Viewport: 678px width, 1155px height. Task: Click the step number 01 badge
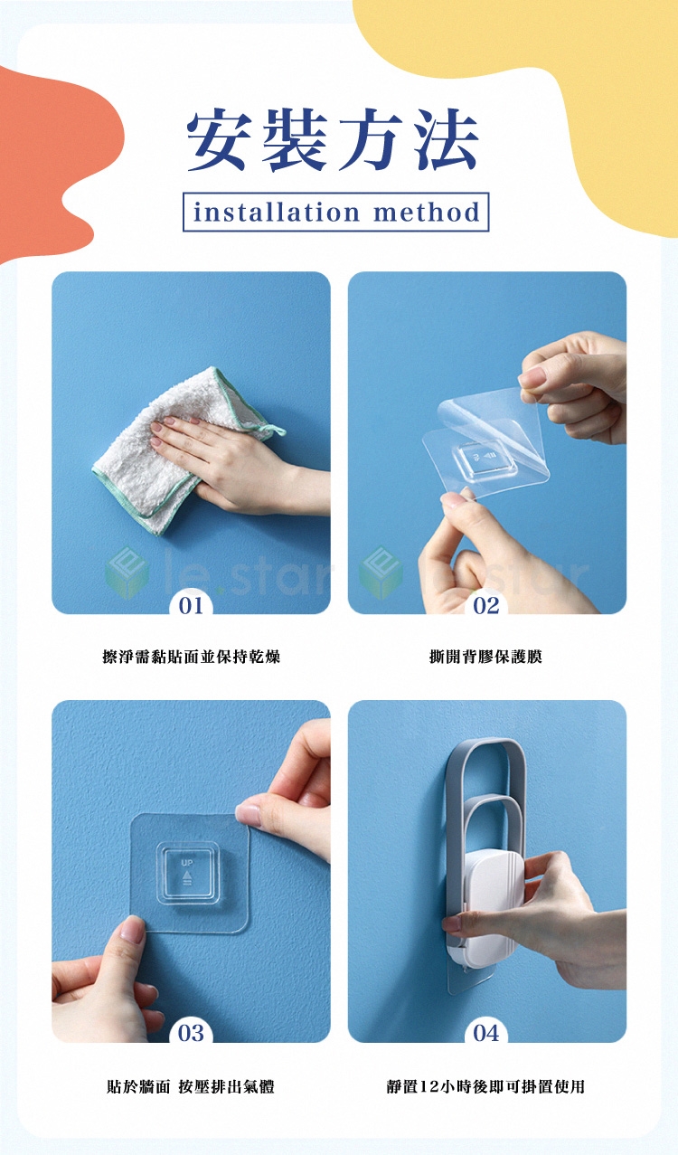(191, 605)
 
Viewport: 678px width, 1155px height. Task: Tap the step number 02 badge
(486, 605)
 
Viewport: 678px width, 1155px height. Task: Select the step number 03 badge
(191, 1033)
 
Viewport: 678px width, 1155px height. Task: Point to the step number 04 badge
(486, 1033)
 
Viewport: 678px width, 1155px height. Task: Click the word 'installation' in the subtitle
(276, 212)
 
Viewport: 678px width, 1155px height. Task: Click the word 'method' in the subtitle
(427, 212)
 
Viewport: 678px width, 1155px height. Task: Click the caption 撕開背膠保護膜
(485, 657)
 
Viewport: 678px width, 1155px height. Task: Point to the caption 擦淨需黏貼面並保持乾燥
(191, 657)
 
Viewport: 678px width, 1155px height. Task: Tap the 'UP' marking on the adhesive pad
(186, 863)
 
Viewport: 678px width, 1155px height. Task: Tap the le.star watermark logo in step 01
(127, 573)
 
